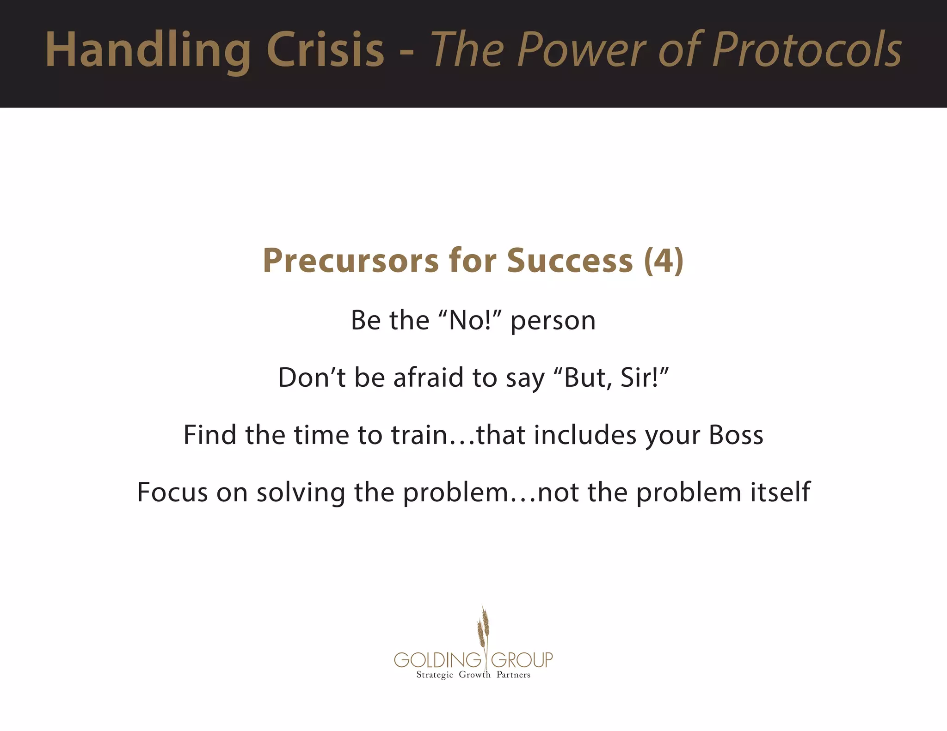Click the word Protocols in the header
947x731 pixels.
[x=807, y=49]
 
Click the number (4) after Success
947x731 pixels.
[x=664, y=261]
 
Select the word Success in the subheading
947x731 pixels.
[x=570, y=261]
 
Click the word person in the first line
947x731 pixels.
[x=553, y=321]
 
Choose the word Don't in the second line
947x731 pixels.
[x=312, y=377]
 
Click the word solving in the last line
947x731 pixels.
[x=301, y=493]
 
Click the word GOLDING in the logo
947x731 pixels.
[x=437, y=660]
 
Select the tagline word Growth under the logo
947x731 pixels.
[x=474, y=675]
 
